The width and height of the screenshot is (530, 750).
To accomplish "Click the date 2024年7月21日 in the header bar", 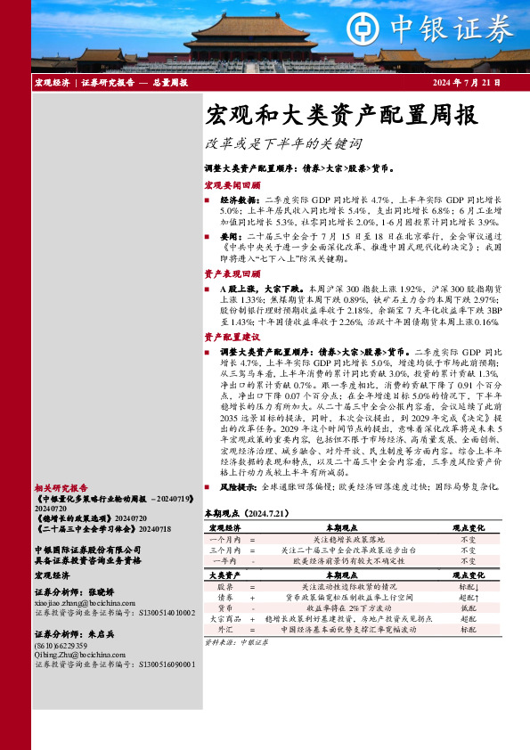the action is tap(466, 82).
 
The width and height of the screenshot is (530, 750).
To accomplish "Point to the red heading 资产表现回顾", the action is tap(232, 273).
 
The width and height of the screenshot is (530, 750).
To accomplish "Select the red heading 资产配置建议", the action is tap(232, 338).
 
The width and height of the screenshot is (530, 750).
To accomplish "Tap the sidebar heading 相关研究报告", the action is tap(61, 488).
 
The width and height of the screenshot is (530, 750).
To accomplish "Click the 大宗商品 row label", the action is tap(225, 618).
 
